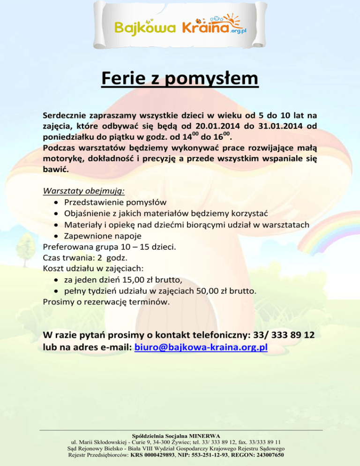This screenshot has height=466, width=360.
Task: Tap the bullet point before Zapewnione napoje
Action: point(56,235)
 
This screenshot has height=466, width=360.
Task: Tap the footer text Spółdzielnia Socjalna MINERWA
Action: point(180,436)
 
